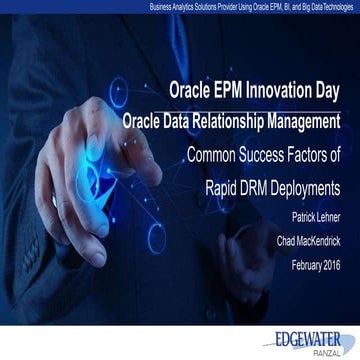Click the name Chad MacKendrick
tap(302, 240)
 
